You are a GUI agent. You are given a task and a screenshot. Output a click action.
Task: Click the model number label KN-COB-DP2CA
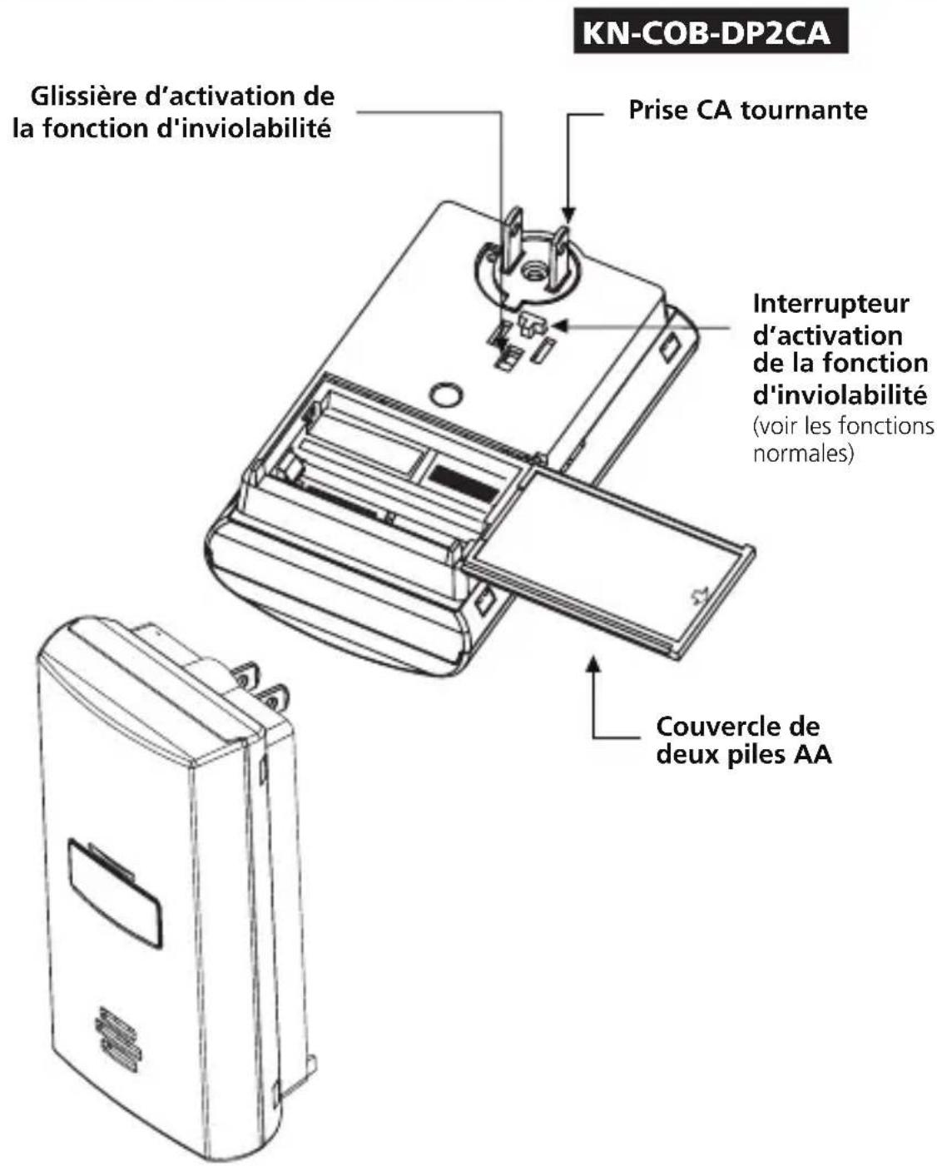coord(710,32)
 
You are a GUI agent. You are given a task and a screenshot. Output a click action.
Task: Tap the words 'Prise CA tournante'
coord(747,110)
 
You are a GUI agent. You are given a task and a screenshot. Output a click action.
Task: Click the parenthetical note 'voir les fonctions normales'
coord(842,440)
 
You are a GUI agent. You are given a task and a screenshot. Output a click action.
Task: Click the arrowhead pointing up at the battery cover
coord(592,663)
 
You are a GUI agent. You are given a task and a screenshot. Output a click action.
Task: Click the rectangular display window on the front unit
coord(114,892)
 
